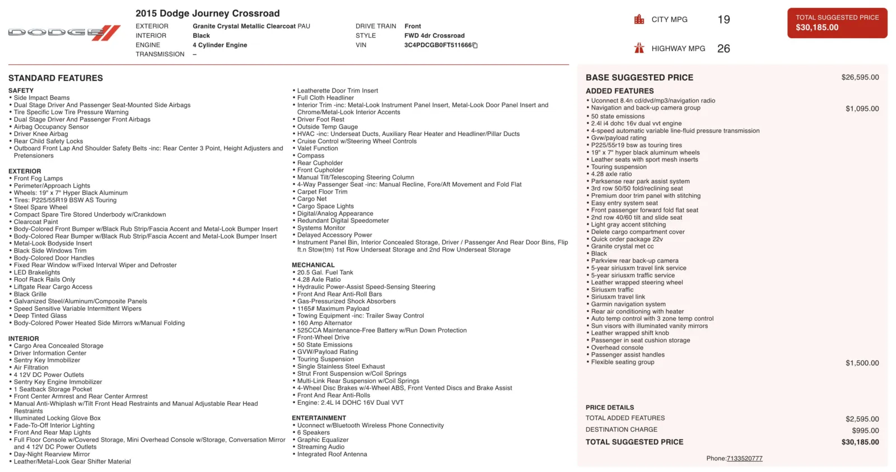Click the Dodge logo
point(64,33)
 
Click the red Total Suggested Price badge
point(837,23)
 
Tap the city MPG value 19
point(724,20)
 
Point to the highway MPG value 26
point(724,49)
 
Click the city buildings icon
point(639,20)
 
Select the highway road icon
point(639,48)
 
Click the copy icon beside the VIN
point(475,45)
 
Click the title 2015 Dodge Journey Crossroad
point(207,13)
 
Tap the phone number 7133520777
point(744,459)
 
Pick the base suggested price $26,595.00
point(860,77)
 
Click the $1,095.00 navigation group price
point(862,109)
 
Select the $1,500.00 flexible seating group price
point(862,363)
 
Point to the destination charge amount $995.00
point(865,431)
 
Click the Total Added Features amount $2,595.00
point(862,419)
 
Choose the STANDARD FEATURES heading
point(55,78)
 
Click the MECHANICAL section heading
point(313,265)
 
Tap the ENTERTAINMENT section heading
point(319,418)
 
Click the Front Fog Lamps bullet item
point(38,179)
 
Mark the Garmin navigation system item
point(628,305)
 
